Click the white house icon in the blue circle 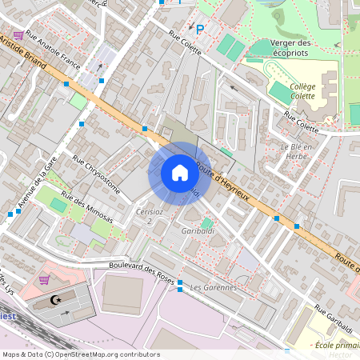tap(180, 173)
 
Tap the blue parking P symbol tap(200, 30)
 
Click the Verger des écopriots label tap(291, 47)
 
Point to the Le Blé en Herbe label tap(301, 151)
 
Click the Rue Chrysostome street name tap(96, 176)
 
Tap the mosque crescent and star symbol tap(55, 300)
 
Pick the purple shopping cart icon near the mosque tap(45, 280)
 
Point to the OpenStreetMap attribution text tap(81, 354)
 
